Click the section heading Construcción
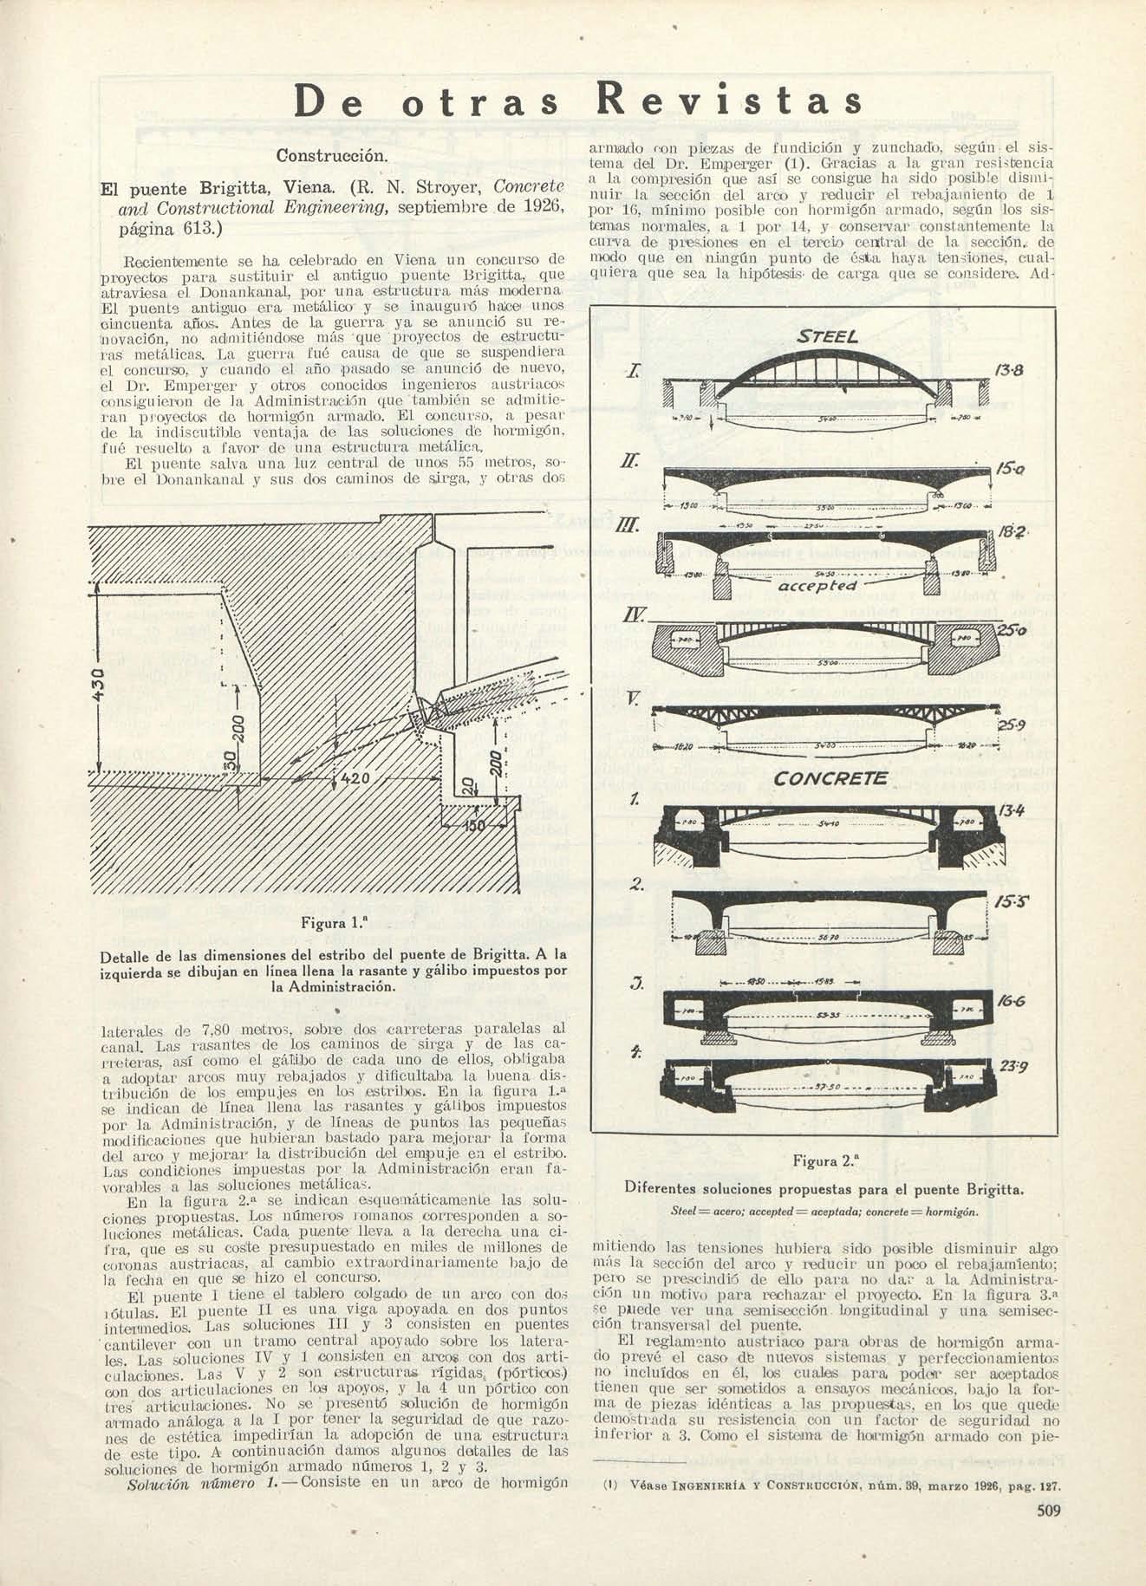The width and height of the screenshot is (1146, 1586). [x=329, y=156]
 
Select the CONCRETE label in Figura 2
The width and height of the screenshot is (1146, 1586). [x=830, y=778]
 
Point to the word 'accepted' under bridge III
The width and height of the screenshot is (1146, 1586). [x=818, y=586]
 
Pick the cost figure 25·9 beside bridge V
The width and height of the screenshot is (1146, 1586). [x=1011, y=725]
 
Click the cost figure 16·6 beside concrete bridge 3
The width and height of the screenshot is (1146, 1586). [x=1011, y=1000]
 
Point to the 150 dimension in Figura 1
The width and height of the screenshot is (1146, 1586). [x=475, y=826]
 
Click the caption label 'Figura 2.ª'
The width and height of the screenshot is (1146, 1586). [x=824, y=1160]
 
